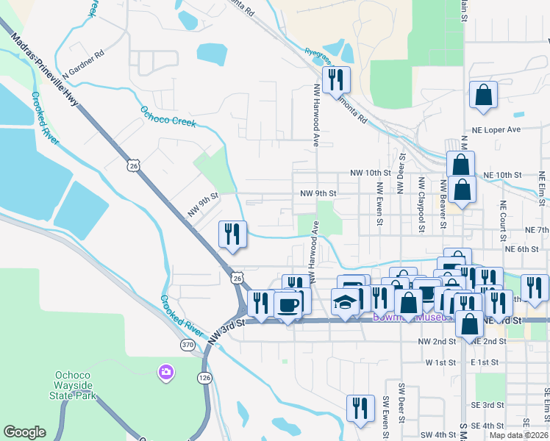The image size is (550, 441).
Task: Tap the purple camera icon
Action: [165, 373]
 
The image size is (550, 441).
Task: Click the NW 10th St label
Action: [370, 173]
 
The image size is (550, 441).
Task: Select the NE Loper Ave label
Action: [512, 129]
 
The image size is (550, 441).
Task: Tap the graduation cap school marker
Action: [346, 303]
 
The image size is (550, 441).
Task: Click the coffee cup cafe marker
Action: [287, 304]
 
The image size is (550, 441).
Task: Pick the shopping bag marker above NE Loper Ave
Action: [483, 95]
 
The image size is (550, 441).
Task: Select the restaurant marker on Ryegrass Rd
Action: [336, 79]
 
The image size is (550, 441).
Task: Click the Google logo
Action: [25, 432]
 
